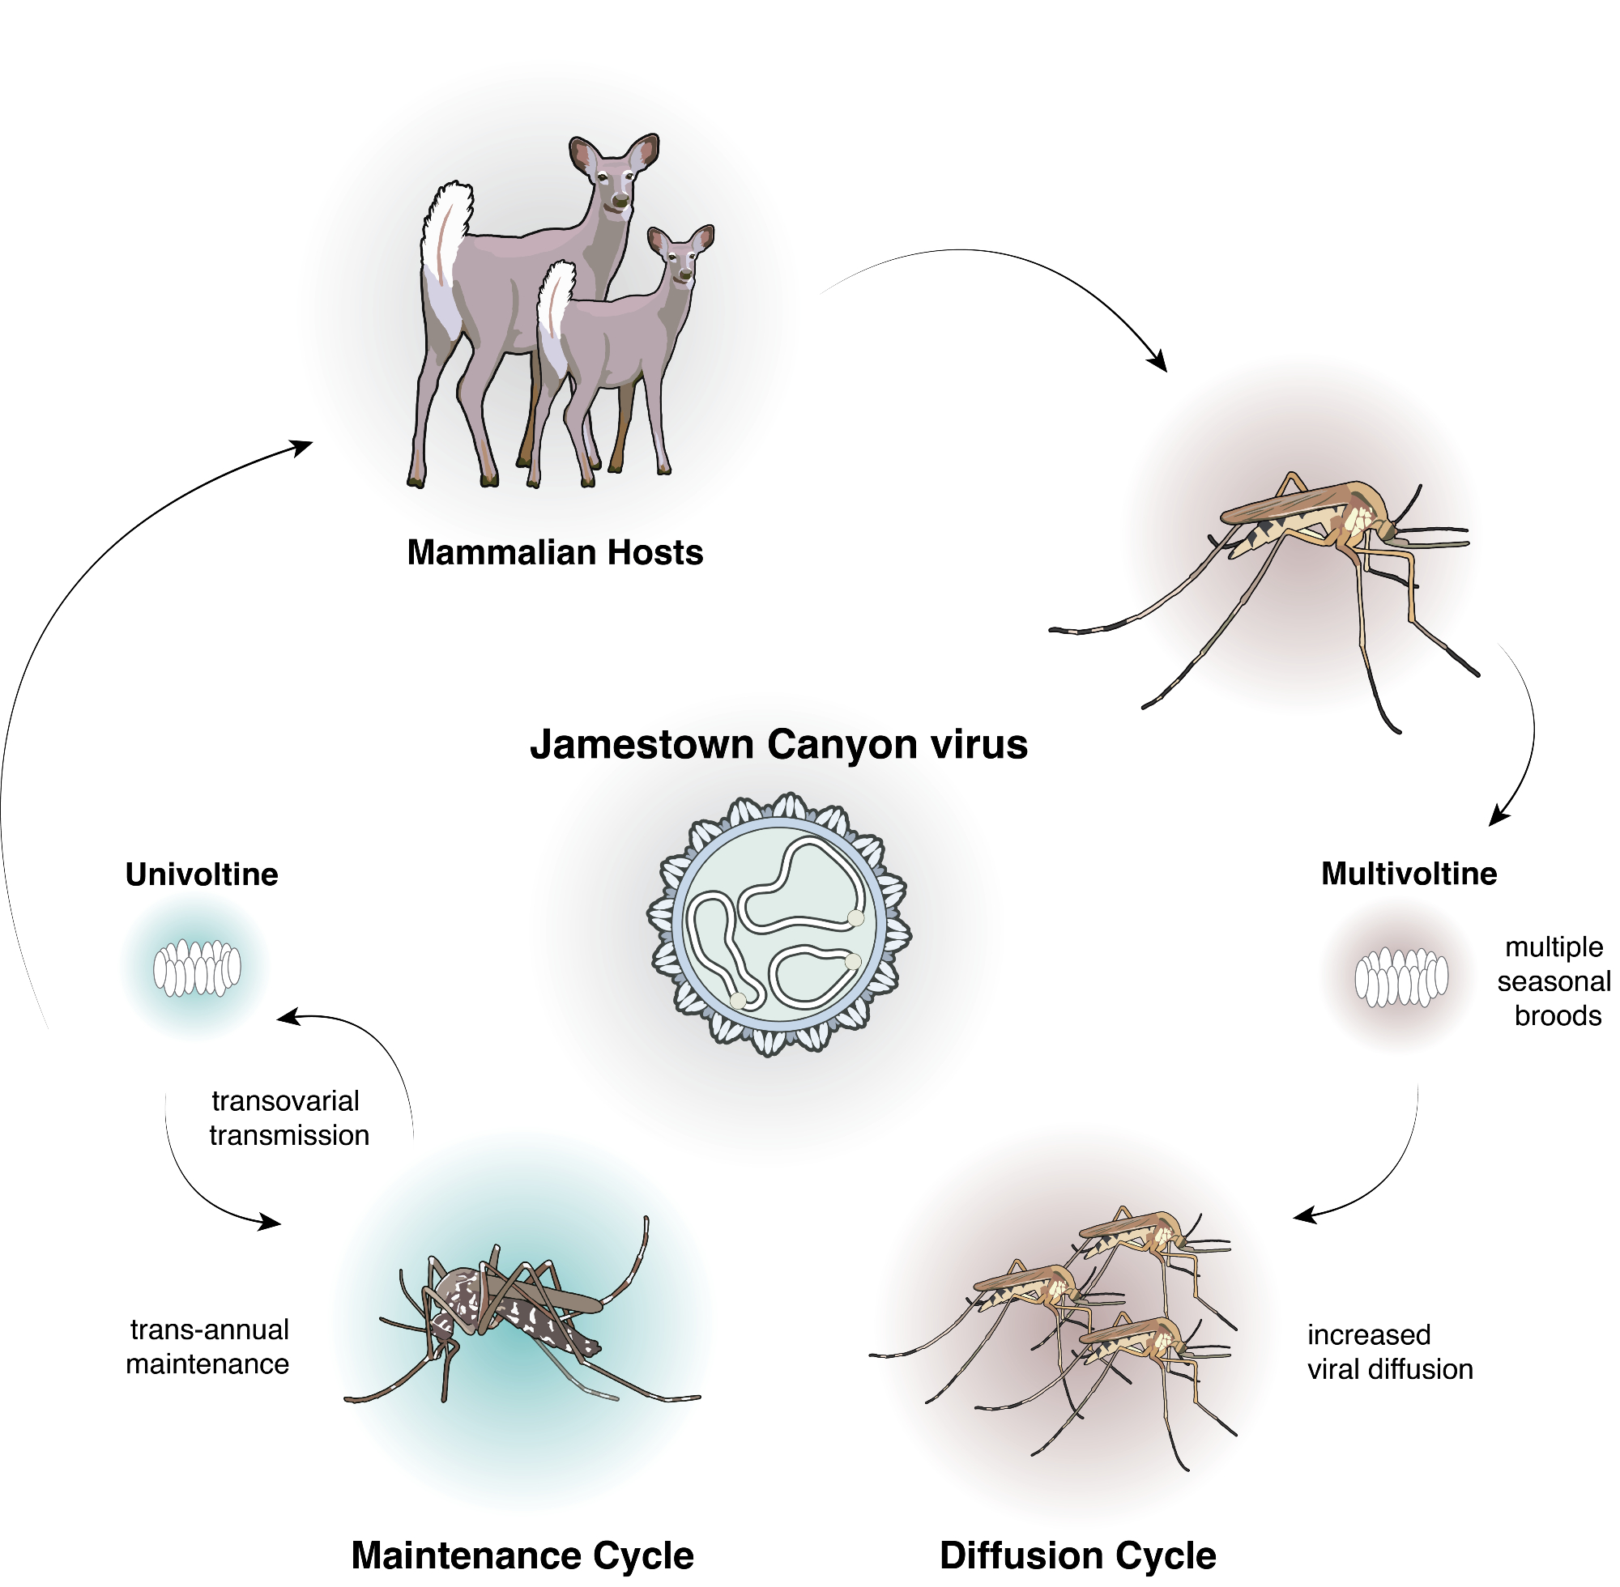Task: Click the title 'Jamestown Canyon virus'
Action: (x=778, y=744)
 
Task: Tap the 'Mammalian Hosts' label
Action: (x=555, y=552)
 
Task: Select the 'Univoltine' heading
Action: (x=202, y=874)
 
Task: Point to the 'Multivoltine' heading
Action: (x=1409, y=874)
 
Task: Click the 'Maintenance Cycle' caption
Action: (x=522, y=1555)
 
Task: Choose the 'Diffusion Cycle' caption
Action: (x=1077, y=1555)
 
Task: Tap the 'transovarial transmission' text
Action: (x=288, y=1117)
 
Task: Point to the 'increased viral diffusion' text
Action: (x=1389, y=1351)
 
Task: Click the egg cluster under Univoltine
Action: (x=197, y=968)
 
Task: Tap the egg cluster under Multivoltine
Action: (x=1400, y=976)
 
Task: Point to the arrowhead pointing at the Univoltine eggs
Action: (x=286, y=1017)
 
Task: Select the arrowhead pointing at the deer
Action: (x=303, y=447)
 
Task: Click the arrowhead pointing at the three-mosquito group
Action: (x=1302, y=1216)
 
